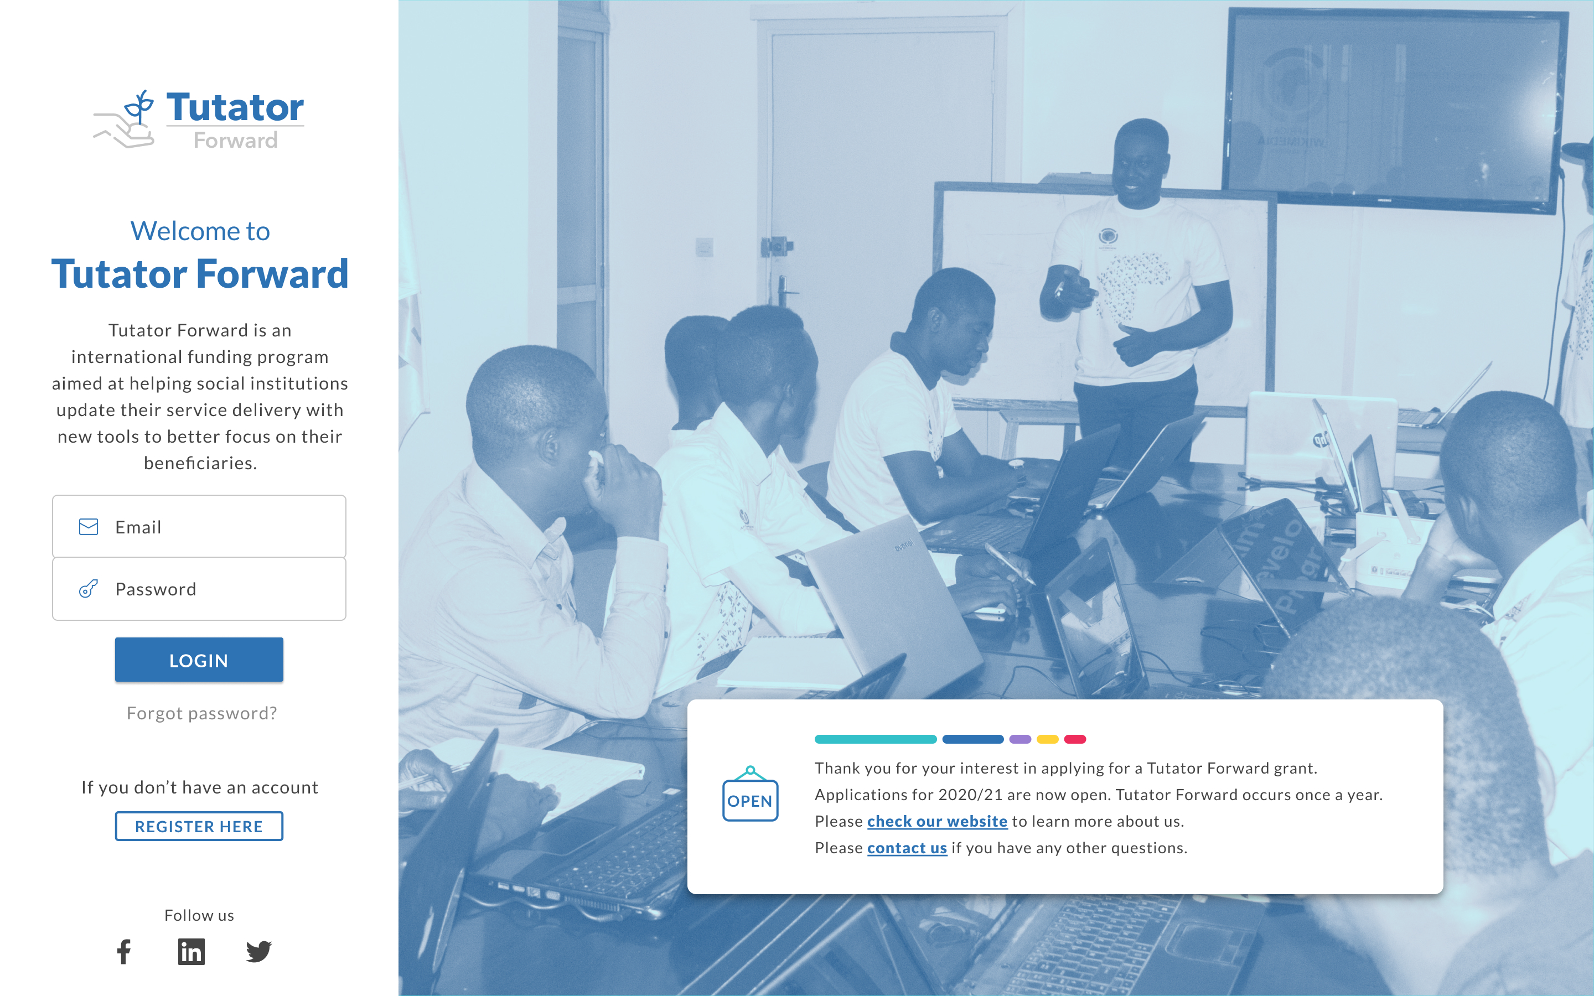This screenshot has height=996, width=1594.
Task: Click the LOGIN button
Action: [199, 660]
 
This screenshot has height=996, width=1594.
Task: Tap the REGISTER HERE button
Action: [199, 826]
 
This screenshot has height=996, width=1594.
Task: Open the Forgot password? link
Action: [201, 713]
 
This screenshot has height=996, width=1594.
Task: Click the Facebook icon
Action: [124, 951]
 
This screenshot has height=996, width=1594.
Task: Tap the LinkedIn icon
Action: [191, 951]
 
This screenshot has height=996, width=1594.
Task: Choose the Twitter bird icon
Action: [259, 951]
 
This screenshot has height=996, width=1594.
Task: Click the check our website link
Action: [936, 822]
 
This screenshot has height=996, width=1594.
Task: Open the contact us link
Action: [907, 848]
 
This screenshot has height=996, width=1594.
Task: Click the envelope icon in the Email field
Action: [88, 527]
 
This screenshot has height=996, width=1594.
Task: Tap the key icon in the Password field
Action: [88, 589]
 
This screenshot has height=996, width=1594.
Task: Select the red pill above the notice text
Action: [1074, 739]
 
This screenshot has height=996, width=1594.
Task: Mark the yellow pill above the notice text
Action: [1047, 739]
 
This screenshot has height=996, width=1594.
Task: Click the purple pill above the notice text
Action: [1019, 739]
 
